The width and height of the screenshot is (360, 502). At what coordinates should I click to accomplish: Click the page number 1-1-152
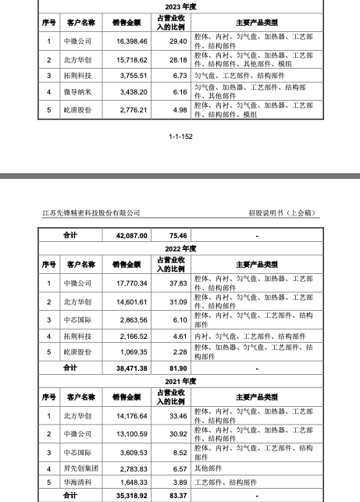click(x=180, y=136)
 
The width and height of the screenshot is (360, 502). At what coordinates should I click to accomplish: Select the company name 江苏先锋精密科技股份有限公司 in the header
click(x=91, y=212)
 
